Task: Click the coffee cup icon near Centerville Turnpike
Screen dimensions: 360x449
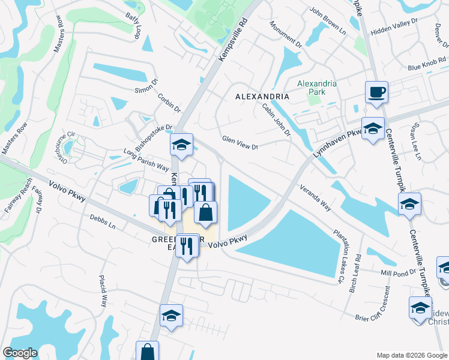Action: tap(376, 93)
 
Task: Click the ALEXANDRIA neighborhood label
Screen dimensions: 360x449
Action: tap(262, 96)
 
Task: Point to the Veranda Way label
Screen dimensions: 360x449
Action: tap(316, 196)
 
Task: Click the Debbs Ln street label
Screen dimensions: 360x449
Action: tap(102, 221)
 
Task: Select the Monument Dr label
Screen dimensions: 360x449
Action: tap(286, 33)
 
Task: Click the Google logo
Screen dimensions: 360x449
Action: tap(20, 353)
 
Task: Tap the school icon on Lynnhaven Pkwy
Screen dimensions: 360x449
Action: tap(373, 129)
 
